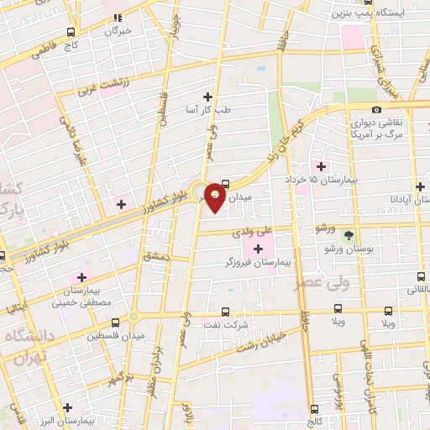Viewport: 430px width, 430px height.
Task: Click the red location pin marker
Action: tap(216, 197)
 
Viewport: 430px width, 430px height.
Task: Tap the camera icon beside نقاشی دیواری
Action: tap(376, 110)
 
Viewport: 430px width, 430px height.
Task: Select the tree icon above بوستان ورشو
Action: tap(349, 234)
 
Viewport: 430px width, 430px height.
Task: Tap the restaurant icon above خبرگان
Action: tap(118, 17)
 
